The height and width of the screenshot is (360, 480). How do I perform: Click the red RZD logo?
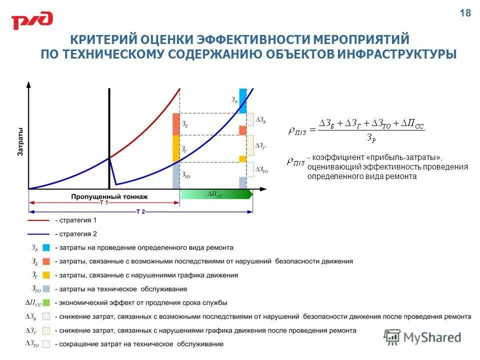[32, 20]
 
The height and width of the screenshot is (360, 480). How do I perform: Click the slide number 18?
[465, 13]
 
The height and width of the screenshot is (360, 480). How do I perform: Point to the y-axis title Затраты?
[20, 143]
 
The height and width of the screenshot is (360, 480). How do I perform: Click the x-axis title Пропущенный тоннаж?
[109, 196]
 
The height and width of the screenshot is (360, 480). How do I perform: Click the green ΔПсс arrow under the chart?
[215, 194]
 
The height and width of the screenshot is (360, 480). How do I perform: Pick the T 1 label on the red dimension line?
[103, 203]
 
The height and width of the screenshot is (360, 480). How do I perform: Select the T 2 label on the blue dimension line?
[140, 211]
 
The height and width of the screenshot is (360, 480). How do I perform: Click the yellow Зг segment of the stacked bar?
[175, 148]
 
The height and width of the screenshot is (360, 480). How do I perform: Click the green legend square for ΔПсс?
[46, 302]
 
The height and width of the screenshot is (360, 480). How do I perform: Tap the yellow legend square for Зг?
[46, 275]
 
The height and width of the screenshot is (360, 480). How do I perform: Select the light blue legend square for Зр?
[46, 247]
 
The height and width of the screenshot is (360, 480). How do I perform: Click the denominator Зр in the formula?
[370, 138]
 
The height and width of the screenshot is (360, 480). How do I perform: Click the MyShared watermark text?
[432, 337]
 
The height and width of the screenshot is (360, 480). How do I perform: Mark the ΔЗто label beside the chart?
[261, 170]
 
